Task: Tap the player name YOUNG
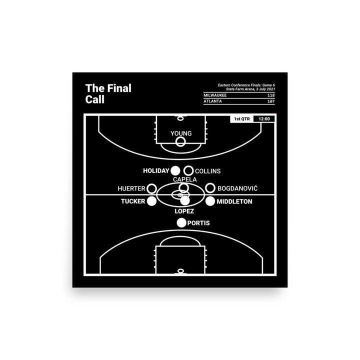[x=180, y=133]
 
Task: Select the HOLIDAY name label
[x=156, y=171]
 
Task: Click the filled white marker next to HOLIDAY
[x=175, y=171]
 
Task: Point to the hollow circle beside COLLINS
[x=188, y=171]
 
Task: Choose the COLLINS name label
[x=207, y=171]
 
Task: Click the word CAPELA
[x=185, y=179]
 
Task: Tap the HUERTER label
[x=131, y=188]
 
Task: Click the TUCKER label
[x=132, y=201]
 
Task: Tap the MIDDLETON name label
[x=234, y=201]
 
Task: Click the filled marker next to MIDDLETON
[x=210, y=201]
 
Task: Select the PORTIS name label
[x=198, y=223]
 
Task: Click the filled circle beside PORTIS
[x=181, y=223]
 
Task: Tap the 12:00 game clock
[x=264, y=119]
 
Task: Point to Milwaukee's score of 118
[x=270, y=95]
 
